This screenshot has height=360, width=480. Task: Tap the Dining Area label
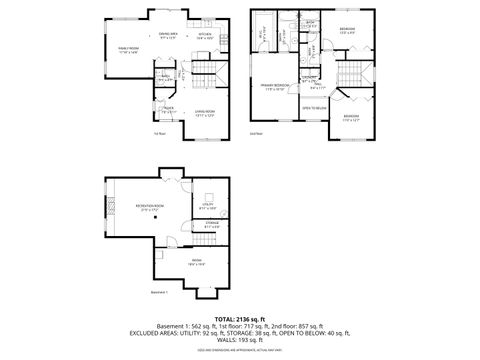coord(168,36)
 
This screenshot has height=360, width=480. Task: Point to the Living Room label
coord(206,112)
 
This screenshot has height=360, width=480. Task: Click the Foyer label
coord(169,112)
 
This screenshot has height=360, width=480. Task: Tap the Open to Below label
coord(315,107)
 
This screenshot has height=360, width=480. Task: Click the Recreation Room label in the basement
coord(150,208)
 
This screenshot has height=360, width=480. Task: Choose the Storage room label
coord(211,225)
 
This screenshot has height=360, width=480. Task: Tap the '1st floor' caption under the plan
coord(158,133)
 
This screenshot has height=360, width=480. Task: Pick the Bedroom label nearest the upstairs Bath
coord(346,29)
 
